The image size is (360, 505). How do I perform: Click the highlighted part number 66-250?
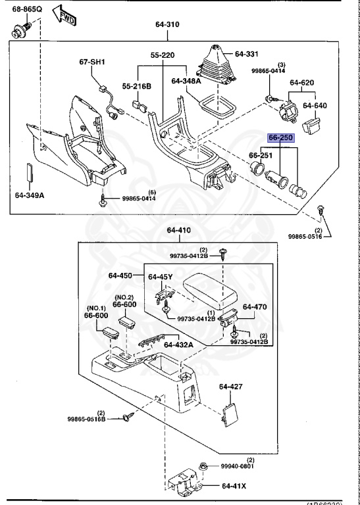281,138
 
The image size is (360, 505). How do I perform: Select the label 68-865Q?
22,9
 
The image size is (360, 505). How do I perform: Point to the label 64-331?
248,54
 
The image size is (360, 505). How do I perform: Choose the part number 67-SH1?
93,62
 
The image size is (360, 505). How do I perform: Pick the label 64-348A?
186,81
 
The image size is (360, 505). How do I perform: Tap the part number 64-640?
315,105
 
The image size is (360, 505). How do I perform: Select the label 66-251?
261,155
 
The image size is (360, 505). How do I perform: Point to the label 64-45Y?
161,277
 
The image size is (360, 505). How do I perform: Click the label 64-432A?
178,345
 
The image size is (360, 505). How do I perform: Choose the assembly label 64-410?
178,231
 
